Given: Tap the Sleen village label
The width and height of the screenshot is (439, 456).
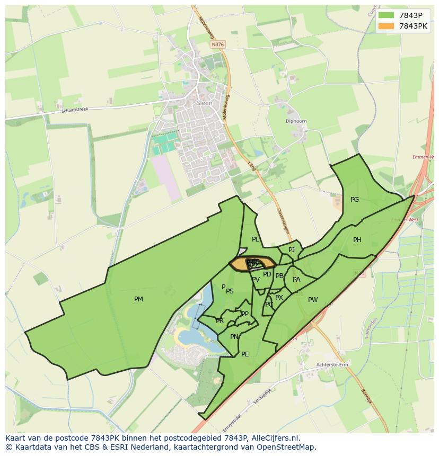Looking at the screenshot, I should pyautogui.click(x=204, y=103).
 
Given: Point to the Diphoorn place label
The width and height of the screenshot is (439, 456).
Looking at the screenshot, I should pyautogui.click(x=296, y=121).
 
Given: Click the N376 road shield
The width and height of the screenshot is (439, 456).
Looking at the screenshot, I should pyautogui.click(x=217, y=45).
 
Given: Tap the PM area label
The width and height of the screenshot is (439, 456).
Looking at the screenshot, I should pyautogui.click(x=138, y=299).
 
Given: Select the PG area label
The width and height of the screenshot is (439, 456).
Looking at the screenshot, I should pyautogui.click(x=355, y=200).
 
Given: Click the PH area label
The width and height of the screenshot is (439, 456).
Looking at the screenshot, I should pyautogui.click(x=357, y=240).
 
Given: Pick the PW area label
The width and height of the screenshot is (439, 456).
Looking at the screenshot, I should pyautogui.click(x=313, y=300).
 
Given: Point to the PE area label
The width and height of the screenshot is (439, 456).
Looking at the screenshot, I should pyautogui.click(x=245, y=354).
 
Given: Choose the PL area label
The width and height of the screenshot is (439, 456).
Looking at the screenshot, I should pyautogui.click(x=256, y=239).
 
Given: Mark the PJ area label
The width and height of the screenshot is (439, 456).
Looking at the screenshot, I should pyautogui.click(x=292, y=250).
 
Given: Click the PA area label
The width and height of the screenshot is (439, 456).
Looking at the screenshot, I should pyautogui.click(x=296, y=280).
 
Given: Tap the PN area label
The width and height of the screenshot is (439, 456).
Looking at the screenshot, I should pyautogui.click(x=234, y=337).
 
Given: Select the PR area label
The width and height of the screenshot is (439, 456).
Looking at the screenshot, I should pyautogui.click(x=219, y=321).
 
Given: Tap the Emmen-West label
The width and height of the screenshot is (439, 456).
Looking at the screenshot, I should pyautogui.click(x=404, y=220).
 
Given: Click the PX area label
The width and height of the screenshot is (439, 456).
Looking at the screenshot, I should pyautogui.click(x=279, y=298).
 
